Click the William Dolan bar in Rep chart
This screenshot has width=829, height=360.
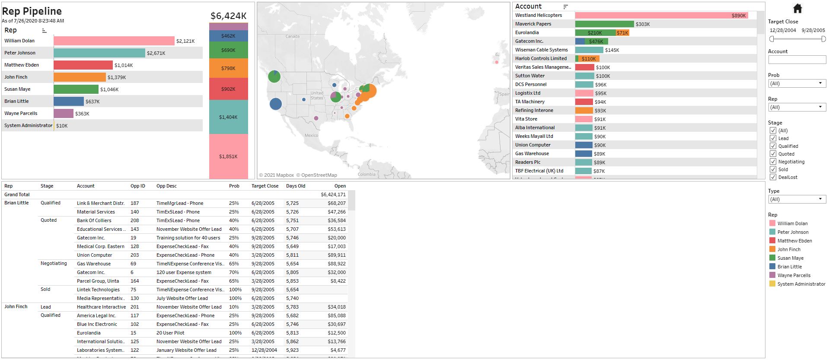[x=114, y=41]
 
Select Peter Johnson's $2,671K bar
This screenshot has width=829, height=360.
[x=99, y=53]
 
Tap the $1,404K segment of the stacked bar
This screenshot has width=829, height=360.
[x=228, y=117]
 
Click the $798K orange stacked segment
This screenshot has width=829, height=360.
[x=228, y=68]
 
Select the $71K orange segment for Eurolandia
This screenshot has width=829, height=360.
[x=622, y=32]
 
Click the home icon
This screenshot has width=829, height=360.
[x=797, y=8]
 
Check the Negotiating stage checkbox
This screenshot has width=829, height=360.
[x=773, y=162]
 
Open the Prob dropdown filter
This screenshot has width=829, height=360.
[x=797, y=83]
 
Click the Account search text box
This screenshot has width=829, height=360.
[x=797, y=60]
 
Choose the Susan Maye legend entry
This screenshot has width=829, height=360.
[x=790, y=258]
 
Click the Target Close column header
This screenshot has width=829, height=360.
[x=265, y=186]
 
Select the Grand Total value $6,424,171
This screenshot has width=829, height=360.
[x=333, y=194]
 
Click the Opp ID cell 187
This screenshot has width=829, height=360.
[x=135, y=203]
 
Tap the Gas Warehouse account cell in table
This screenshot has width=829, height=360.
[x=94, y=264]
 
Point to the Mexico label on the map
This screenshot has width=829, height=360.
[x=311, y=135]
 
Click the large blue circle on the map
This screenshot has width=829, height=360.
[x=275, y=104]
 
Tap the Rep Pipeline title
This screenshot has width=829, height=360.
[x=32, y=11]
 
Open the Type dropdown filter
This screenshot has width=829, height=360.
[x=797, y=199]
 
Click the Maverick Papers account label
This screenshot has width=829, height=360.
[x=533, y=24]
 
